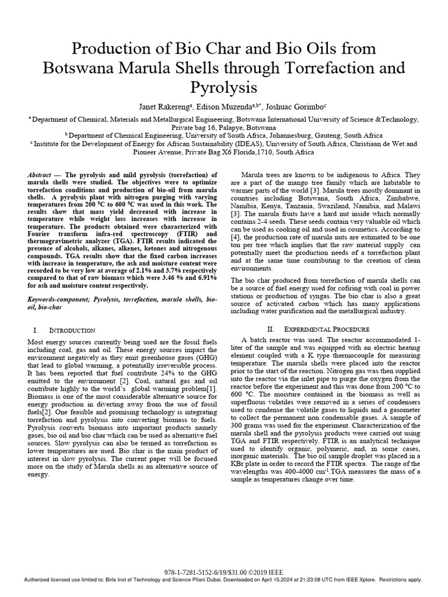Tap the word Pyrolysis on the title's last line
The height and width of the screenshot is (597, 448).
pos(224,88)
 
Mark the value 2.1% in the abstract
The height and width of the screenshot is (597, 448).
pos(127,278)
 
